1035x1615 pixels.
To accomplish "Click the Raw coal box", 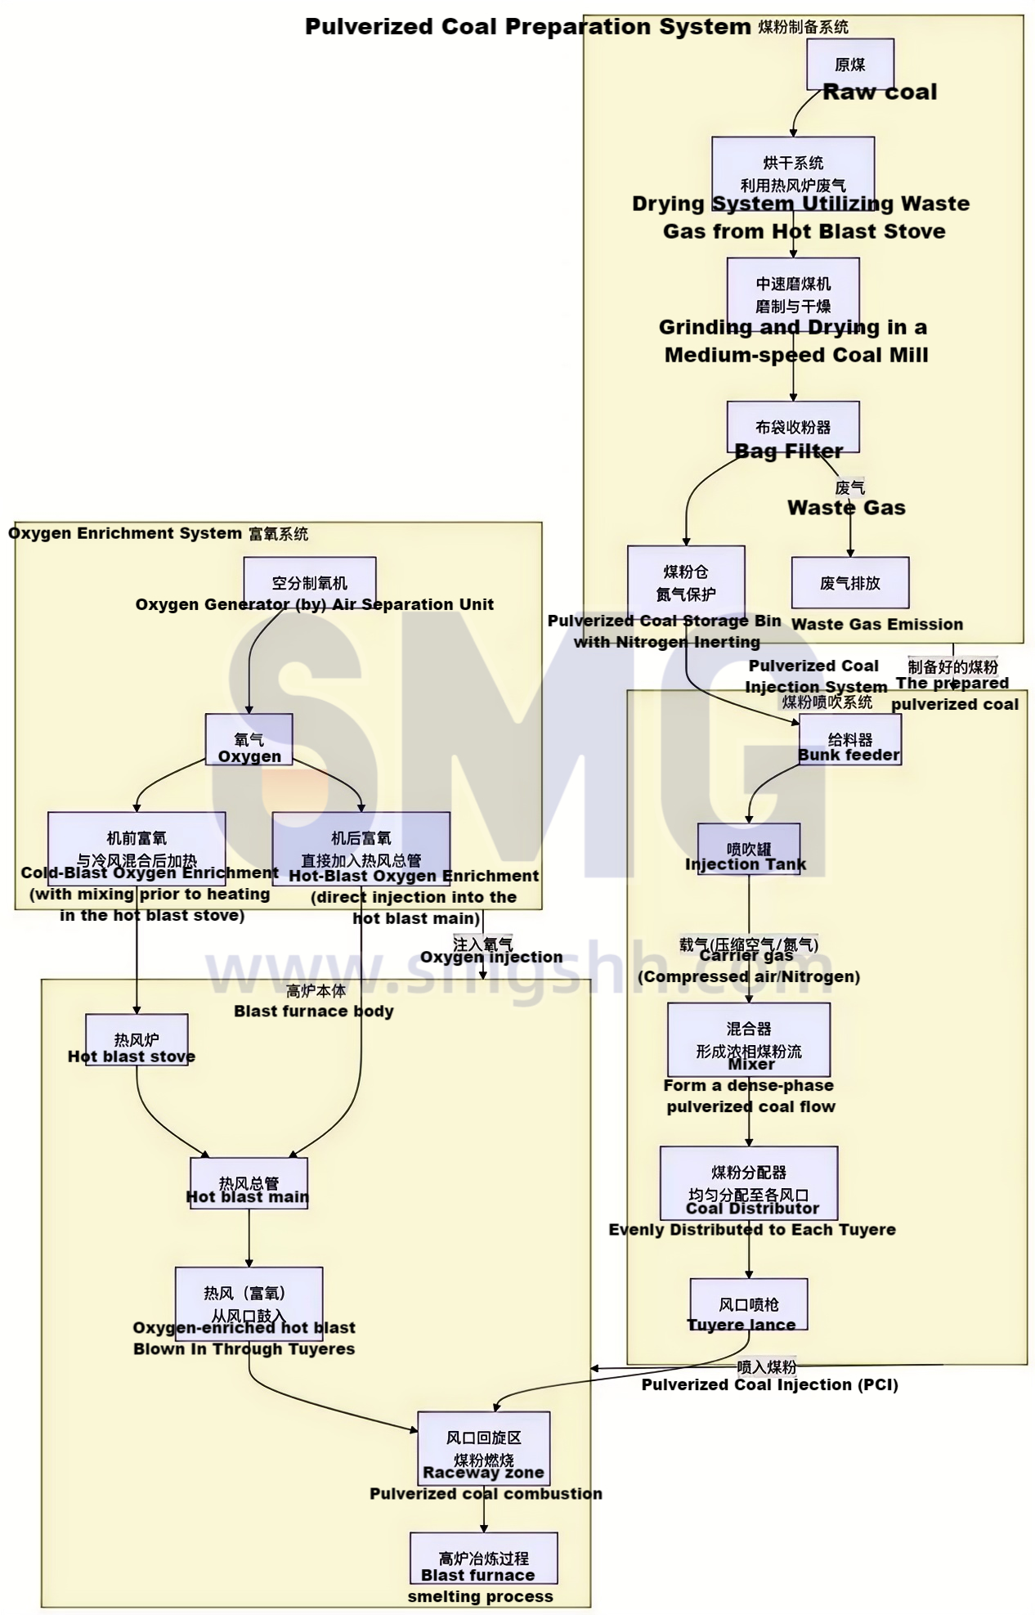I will (849, 65).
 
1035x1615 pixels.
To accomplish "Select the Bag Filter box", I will (792, 427).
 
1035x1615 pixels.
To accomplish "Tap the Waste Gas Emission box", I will (849, 583).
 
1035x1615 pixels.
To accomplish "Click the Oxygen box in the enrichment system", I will (249, 740).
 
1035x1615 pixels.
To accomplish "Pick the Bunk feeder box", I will (849, 740).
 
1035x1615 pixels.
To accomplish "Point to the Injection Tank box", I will (748, 850).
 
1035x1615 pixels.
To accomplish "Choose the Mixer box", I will (748, 1039).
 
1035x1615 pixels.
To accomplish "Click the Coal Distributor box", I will (748, 1183).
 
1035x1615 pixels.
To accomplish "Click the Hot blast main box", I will (249, 1183).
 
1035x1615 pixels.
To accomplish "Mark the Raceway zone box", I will (483, 1449).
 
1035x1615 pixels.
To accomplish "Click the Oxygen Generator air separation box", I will (309, 583).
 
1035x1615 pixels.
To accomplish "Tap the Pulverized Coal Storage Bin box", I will (686, 583).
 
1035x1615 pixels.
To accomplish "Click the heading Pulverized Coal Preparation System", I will (527, 26).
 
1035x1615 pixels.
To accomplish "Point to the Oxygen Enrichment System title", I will (125, 533).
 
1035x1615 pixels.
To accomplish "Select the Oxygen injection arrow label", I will (491, 957).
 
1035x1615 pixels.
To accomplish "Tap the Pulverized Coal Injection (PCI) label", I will (769, 1384).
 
